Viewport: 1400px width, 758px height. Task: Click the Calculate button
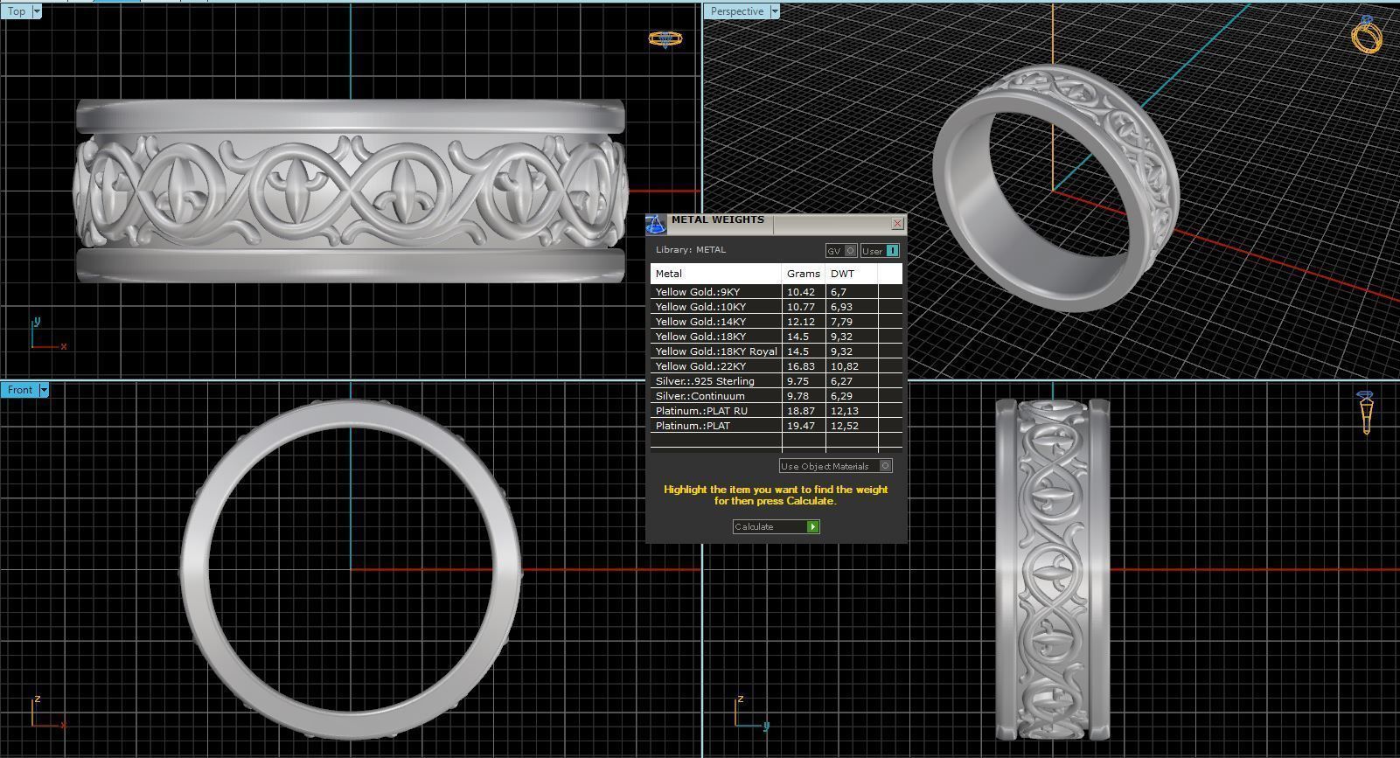pyautogui.click(x=776, y=526)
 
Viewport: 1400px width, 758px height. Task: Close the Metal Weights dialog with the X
pyautogui.click(x=897, y=224)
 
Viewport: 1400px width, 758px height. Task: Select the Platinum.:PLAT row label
pyautogui.click(x=693, y=426)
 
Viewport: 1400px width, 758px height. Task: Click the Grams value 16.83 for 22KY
pyautogui.click(x=801, y=366)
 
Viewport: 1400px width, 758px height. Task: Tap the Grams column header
pyautogui.click(x=803, y=274)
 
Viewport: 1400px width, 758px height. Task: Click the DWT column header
pyautogui.click(x=843, y=274)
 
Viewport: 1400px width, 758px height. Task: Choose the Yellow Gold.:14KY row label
pyautogui.click(x=700, y=322)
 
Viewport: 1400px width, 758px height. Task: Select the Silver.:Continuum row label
pyautogui.click(x=700, y=396)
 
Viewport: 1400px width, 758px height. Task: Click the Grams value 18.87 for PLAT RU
pyautogui.click(x=801, y=411)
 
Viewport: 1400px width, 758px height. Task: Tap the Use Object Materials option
pyautogui.click(x=835, y=466)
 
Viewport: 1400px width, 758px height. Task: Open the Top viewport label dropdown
pyautogui.click(x=36, y=11)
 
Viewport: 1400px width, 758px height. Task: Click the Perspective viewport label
pyautogui.click(x=736, y=11)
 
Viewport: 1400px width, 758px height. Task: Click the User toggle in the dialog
pyautogui.click(x=879, y=251)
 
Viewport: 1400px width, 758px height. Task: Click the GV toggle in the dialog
pyautogui.click(x=840, y=251)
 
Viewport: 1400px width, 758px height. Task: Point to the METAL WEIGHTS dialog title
pyautogui.click(x=717, y=220)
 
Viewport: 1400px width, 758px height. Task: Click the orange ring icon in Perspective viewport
pyautogui.click(x=1366, y=35)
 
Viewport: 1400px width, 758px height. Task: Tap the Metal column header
pyautogui.click(x=669, y=274)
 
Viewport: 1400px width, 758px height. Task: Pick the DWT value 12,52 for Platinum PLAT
pyautogui.click(x=844, y=426)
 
